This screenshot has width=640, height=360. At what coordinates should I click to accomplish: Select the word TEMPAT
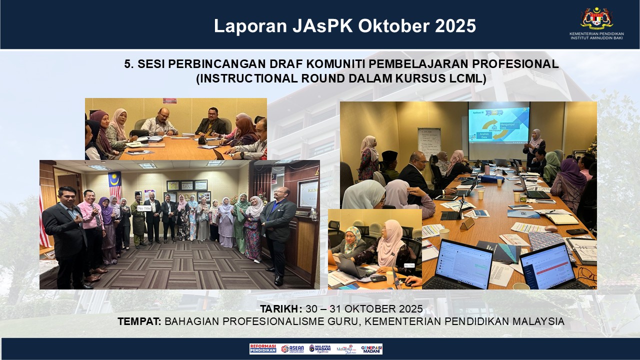click(139, 321)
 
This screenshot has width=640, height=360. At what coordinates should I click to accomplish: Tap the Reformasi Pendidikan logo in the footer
click(263, 348)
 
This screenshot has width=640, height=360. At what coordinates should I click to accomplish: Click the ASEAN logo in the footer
click(292, 348)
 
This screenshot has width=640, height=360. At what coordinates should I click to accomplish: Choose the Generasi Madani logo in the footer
click(371, 348)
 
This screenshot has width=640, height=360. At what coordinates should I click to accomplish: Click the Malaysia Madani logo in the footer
click(319, 348)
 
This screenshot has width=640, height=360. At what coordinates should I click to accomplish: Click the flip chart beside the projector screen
click(429, 143)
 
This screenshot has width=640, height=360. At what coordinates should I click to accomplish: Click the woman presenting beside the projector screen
click(535, 148)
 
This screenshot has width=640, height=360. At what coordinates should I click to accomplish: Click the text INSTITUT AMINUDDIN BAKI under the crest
click(596, 38)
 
